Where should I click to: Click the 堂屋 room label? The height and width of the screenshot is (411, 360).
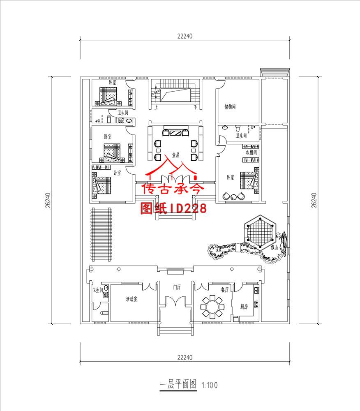click(176, 155)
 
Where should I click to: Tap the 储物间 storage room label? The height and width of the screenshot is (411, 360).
click(230, 107)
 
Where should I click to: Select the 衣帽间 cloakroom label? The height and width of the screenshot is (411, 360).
click(251, 152)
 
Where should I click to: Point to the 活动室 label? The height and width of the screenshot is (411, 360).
click(132, 299)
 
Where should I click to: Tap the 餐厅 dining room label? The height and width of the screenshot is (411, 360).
click(224, 289)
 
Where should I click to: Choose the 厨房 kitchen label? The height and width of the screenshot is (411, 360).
click(244, 306)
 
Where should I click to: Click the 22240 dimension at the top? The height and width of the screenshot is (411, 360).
click(185, 36)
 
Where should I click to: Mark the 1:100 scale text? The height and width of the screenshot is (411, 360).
click(209, 385)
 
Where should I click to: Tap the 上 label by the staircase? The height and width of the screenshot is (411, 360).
click(156, 108)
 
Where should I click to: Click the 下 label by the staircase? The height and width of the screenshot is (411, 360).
click(196, 108)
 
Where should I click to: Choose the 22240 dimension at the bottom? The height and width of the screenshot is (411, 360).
click(185, 358)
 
